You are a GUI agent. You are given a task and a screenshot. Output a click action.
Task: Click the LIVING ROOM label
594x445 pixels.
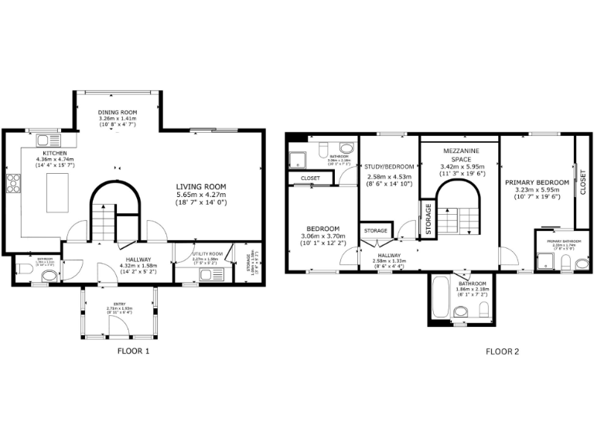point(200,186)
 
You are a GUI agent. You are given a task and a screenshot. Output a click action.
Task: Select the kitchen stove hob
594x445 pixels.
point(13,183)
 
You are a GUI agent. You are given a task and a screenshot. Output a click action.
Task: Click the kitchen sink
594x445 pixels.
point(47,140)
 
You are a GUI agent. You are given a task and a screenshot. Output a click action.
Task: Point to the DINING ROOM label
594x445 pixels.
point(118,113)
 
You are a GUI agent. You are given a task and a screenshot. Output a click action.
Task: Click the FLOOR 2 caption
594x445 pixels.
point(502,352)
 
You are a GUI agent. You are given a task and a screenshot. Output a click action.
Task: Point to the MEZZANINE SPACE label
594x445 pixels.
point(461,153)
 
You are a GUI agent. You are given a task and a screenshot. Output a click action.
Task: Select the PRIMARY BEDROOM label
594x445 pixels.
point(537,182)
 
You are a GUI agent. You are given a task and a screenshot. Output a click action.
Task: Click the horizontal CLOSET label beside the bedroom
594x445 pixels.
point(310,178)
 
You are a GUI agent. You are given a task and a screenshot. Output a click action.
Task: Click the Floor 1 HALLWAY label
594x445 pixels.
point(135,260)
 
